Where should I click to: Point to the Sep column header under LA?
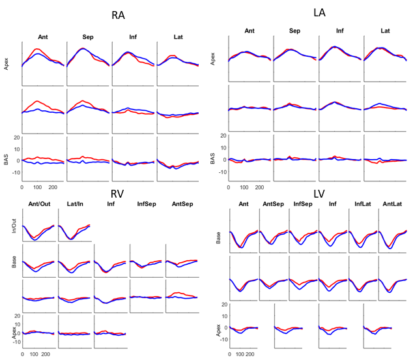tap(294, 31)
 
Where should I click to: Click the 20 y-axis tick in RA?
tap(16, 137)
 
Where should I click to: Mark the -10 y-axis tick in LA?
tap(221, 172)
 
